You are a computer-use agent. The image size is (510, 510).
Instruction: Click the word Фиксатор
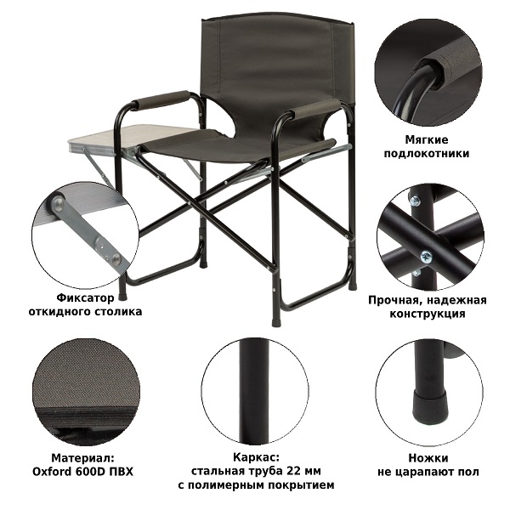[x=86, y=298]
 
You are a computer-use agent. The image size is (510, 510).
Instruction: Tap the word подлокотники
[x=427, y=154]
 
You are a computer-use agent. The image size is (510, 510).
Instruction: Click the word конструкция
[x=428, y=314]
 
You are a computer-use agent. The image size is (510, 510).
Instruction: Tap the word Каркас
[x=256, y=457]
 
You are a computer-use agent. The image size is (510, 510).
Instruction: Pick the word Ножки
[x=428, y=458]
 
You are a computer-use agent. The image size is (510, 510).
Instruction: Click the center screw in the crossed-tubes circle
[x=426, y=258]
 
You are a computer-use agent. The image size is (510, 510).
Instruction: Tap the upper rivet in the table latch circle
[x=58, y=205]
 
